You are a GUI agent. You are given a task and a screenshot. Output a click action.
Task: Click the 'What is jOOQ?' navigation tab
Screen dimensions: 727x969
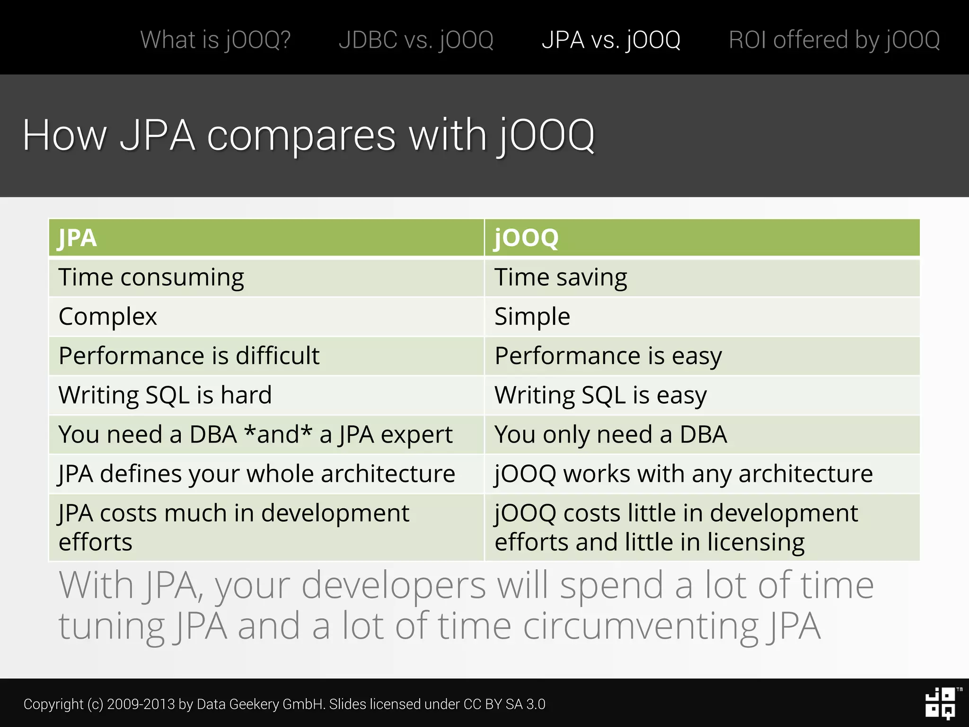[x=215, y=40]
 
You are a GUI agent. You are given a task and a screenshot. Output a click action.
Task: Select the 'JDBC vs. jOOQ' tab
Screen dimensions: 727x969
[x=416, y=40]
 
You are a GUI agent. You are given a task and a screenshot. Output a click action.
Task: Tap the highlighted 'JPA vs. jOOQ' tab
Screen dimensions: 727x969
[x=611, y=40]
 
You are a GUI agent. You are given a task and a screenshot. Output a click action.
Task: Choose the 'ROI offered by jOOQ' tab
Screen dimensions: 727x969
[x=834, y=40]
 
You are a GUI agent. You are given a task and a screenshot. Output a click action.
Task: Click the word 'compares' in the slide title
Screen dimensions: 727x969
[x=301, y=136]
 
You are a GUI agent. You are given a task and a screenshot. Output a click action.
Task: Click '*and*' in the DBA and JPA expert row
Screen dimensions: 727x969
[x=278, y=434]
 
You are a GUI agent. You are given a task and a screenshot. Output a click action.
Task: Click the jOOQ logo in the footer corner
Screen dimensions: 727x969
[x=941, y=703]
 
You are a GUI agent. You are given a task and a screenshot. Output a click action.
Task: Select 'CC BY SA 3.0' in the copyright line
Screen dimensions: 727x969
[x=504, y=704]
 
